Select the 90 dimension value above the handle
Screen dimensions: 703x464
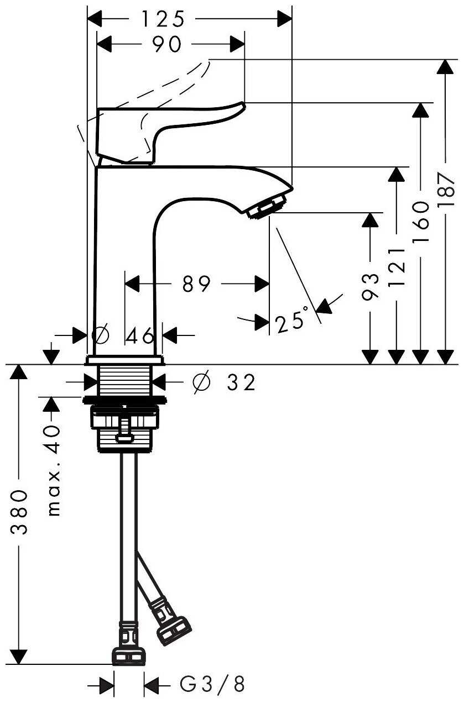[166, 45]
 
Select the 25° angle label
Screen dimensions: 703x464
[292, 321]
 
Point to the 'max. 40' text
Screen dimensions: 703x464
[53, 470]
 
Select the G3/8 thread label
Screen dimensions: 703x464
[212, 685]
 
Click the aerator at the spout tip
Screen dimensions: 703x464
[268, 206]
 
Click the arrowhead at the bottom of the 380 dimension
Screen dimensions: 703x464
[19, 656]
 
